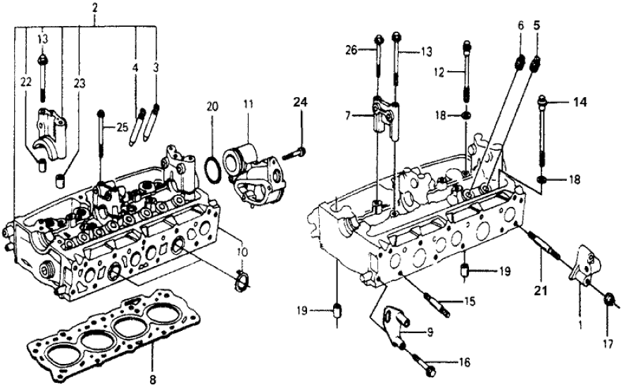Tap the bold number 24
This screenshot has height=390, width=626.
pos(301,102)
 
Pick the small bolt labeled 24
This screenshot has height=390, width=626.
pos(295,151)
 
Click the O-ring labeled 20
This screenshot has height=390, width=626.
pos(211,170)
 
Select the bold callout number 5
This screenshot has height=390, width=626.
pos(537,23)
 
